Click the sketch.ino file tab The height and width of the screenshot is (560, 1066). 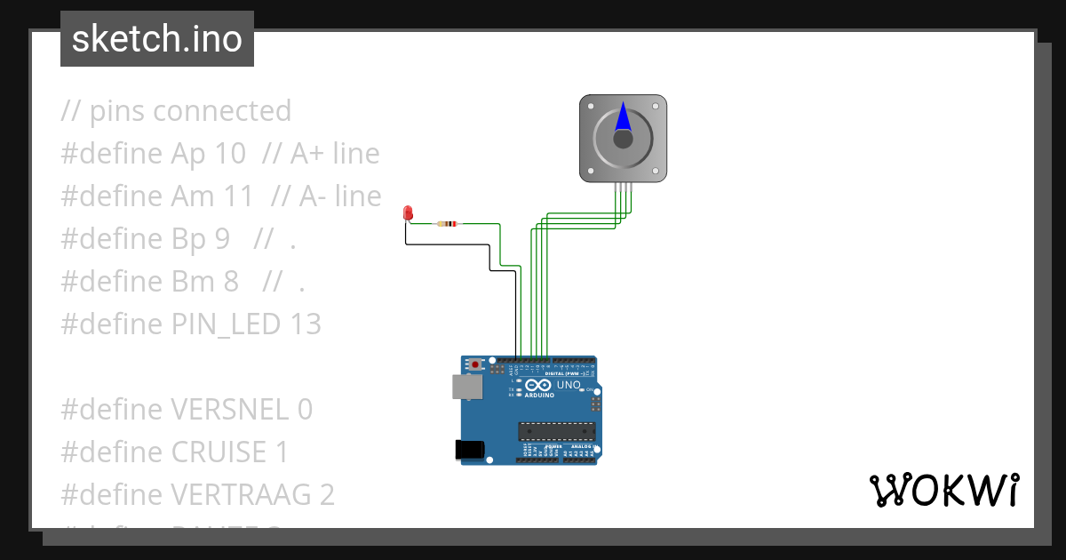click(157, 39)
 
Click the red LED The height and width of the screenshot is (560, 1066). click(408, 212)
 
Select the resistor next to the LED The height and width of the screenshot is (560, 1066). click(449, 224)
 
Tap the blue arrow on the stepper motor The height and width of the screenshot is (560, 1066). click(623, 118)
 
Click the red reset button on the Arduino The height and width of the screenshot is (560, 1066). click(476, 364)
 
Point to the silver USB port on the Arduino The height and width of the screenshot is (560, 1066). click(468, 386)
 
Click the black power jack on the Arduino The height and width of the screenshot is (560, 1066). click(469, 450)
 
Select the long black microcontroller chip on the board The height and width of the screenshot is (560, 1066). click(557, 431)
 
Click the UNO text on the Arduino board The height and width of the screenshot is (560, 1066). click(569, 385)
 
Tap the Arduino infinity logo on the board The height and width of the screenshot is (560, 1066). click(538, 385)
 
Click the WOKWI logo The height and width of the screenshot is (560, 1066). click(943, 491)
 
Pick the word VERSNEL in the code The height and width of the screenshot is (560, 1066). click(229, 410)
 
